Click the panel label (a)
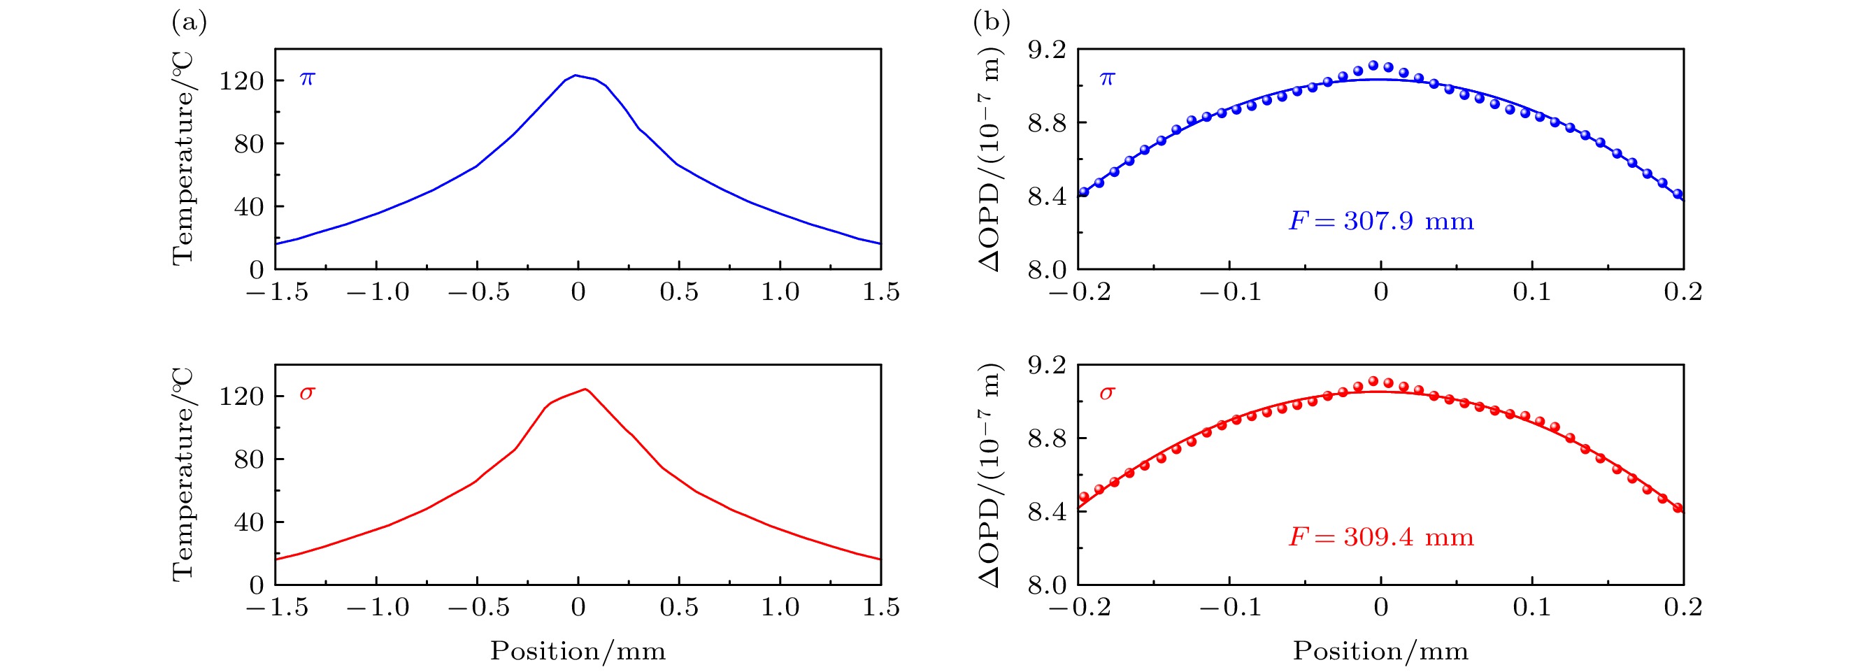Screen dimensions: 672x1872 pyautogui.click(x=189, y=23)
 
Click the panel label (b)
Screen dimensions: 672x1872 pyautogui.click(x=991, y=23)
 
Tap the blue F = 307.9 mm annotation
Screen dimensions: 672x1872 pyautogui.click(x=1380, y=221)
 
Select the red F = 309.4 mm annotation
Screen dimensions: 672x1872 pyautogui.click(x=1380, y=538)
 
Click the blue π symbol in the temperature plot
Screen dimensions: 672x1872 pyautogui.click(x=308, y=78)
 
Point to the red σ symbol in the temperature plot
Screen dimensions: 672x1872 pyautogui.click(x=308, y=394)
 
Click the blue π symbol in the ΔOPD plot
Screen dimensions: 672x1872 pyautogui.click(x=1107, y=78)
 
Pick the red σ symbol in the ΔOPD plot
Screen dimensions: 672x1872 pyautogui.click(x=1107, y=394)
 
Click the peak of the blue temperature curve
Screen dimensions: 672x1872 pyautogui.click(x=576, y=75)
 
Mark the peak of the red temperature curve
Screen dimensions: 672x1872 pyautogui.click(x=585, y=389)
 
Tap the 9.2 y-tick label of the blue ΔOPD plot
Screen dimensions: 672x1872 pyautogui.click(x=1046, y=50)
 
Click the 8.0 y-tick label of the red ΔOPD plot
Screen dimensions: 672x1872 pyautogui.click(x=1046, y=585)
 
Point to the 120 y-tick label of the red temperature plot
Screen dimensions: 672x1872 pyautogui.click(x=241, y=396)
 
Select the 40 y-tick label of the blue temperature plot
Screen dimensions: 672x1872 pyautogui.click(x=248, y=207)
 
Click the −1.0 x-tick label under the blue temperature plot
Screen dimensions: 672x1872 pyautogui.click(x=377, y=292)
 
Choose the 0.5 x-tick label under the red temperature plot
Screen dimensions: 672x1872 pyautogui.click(x=679, y=608)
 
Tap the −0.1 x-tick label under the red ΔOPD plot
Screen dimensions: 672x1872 pyautogui.click(x=1229, y=608)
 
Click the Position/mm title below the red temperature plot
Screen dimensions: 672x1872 pyautogui.click(x=578, y=651)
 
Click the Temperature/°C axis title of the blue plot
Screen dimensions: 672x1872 pyautogui.click(x=183, y=158)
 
